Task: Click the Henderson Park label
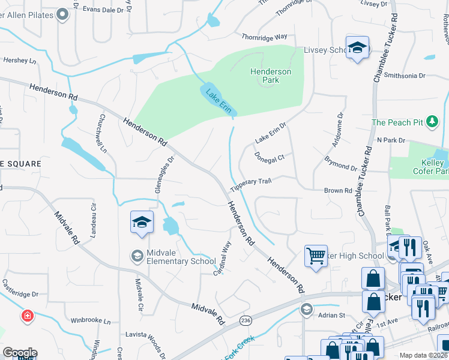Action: pos(271,76)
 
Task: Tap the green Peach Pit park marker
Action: pos(432,122)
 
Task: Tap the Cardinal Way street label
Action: pos(223,259)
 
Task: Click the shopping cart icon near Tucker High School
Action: pos(316,256)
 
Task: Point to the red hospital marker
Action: pos(27,316)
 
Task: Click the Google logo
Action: pos(19,353)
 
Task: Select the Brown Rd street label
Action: pos(338,191)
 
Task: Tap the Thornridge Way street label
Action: pos(264,37)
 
